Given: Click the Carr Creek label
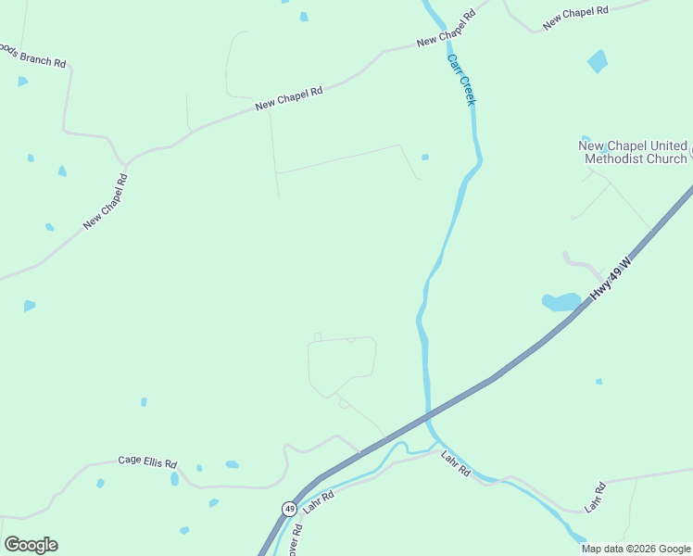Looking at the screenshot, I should [x=460, y=80].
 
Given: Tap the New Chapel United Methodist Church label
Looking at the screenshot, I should [x=634, y=152].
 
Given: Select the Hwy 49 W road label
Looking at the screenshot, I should [x=612, y=278].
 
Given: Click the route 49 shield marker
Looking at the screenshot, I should [x=290, y=509].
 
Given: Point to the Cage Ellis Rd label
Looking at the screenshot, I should [x=147, y=461].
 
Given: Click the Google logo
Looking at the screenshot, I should [x=31, y=545].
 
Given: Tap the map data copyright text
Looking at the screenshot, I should [x=636, y=549].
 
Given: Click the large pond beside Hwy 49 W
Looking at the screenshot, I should [x=561, y=302].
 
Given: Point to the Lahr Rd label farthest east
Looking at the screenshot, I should [x=594, y=498].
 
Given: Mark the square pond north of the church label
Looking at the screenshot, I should [x=598, y=62].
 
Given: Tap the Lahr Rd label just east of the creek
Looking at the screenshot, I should [x=456, y=463].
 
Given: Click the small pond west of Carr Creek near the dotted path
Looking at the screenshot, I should [x=425, y=157].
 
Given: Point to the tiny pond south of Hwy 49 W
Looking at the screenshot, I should [x=598, y=381].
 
